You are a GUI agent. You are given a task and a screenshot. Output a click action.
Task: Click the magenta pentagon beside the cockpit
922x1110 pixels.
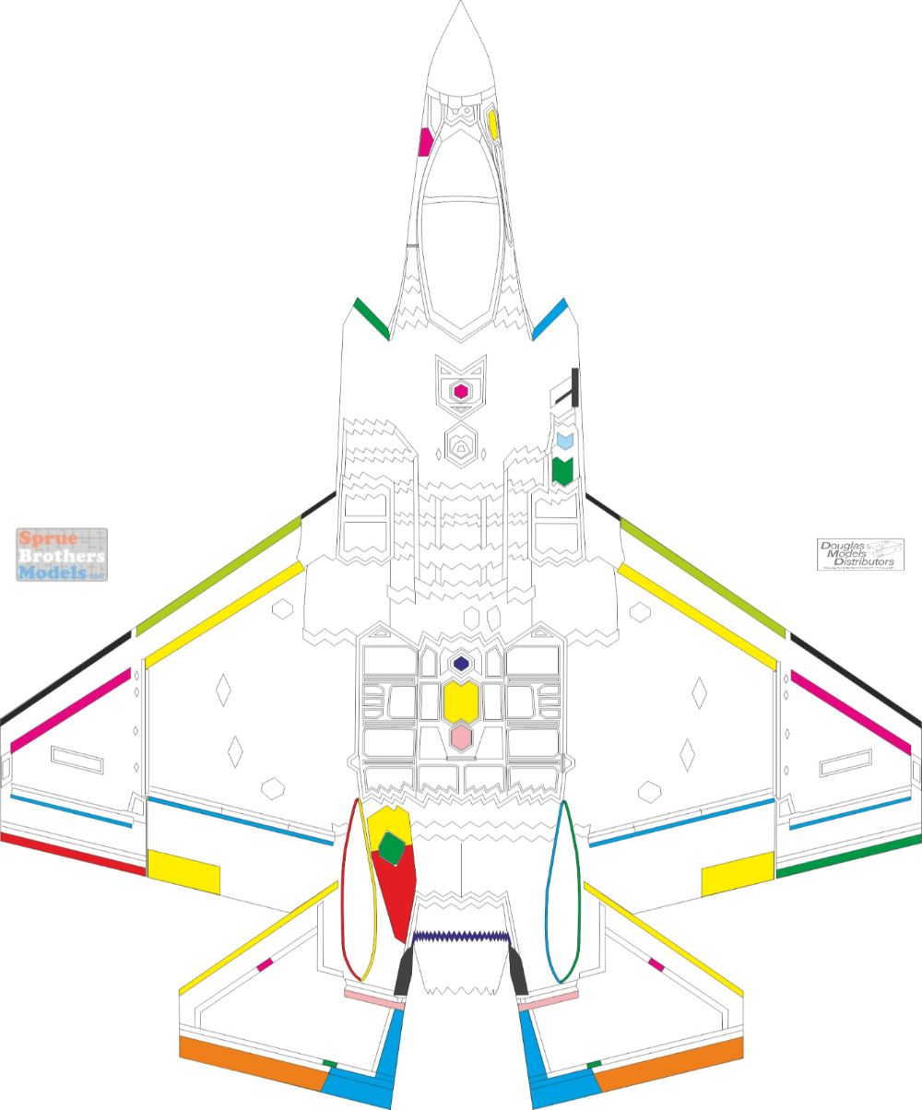(x=425, y=142)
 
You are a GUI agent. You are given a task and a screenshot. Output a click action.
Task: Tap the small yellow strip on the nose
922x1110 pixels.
(x=493, y=124)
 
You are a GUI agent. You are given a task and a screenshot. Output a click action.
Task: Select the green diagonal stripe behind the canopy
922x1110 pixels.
(x=372, y=318)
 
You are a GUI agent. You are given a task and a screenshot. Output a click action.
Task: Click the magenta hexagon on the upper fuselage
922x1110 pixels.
(x=460, y=392)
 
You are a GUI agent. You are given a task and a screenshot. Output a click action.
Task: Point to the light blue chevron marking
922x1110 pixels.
(x=563, y=441)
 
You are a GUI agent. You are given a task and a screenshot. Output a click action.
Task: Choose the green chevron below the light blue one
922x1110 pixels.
(x=562, y=471)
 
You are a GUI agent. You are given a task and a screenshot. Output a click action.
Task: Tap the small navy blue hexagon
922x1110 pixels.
(x=460, y=664)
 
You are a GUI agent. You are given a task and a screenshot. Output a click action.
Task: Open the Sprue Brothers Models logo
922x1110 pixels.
(x=62, y=554)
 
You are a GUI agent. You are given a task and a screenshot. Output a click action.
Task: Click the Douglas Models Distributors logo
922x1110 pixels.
(x=859, y=555)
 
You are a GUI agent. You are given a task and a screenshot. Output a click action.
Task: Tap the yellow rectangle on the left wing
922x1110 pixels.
(x=183, y=872)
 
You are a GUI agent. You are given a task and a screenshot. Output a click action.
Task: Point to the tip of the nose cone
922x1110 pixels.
(x=460, y=4)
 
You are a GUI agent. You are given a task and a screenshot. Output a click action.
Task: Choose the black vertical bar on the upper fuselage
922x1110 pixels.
(x=575, y=387)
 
